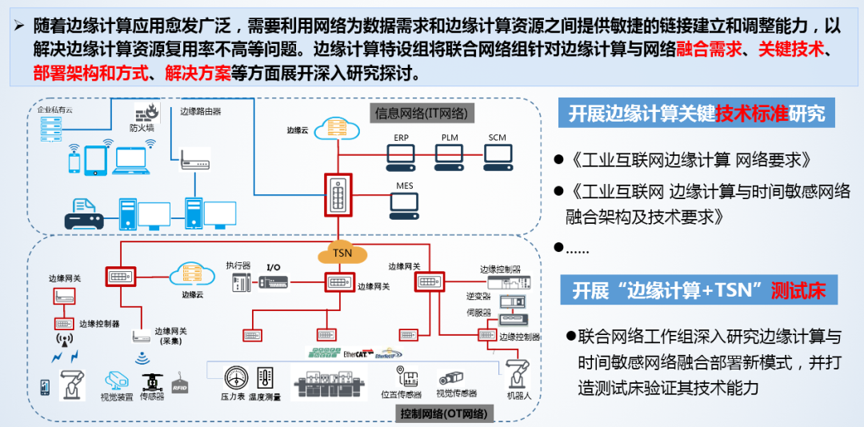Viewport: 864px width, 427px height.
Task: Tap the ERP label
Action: (400, 138)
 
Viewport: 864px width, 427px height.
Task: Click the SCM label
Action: (498, 138)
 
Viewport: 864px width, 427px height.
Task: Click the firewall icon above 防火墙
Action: (147, 112)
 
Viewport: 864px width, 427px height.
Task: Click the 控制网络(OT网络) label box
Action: (445, 413)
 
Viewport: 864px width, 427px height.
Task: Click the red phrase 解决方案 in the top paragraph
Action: (197, 74)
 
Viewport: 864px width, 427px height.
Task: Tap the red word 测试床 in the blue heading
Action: (798, 289)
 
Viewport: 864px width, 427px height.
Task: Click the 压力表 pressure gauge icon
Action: (236, 377)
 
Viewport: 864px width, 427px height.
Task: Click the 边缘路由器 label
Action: (200, 112)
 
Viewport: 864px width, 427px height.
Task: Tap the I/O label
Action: (274, 266)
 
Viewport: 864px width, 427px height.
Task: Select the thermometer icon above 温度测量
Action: (265, 377)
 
